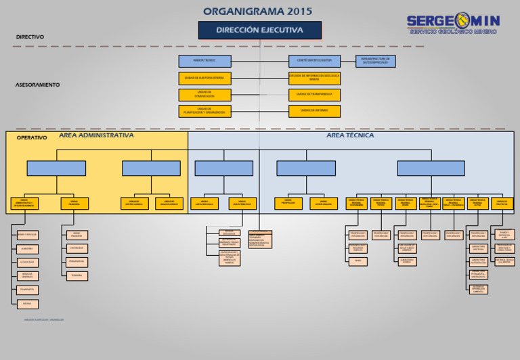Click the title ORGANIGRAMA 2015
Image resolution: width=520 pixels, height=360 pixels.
[258, 11]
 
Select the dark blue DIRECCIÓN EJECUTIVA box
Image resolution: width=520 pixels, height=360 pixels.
[259, 30]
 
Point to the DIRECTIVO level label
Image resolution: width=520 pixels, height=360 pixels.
[30, 37]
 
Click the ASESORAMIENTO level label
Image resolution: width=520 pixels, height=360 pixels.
[37, 85]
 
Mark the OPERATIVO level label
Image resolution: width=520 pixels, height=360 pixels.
[32, 137]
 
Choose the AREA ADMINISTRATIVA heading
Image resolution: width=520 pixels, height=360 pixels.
[96, 135]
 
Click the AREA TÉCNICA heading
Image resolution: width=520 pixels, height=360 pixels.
[350, 135]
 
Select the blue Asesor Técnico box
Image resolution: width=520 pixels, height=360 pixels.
[204, 61]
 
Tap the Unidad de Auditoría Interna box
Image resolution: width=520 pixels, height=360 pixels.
[204, 78]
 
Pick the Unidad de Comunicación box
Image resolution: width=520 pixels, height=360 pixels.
[204, 95]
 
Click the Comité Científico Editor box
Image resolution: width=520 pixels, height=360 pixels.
[314, 61]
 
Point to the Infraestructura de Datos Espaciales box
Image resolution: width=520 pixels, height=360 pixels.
[375, 61]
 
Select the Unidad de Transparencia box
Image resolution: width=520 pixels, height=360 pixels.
[314, 95]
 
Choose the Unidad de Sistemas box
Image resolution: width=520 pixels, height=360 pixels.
[314, 111]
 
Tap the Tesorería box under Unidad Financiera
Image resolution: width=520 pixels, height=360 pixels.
[77, 275]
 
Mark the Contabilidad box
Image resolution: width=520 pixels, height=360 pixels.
[77, 248]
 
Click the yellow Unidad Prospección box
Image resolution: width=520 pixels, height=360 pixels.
[288, 203]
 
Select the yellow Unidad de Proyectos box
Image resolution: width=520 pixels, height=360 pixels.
[502, 203]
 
